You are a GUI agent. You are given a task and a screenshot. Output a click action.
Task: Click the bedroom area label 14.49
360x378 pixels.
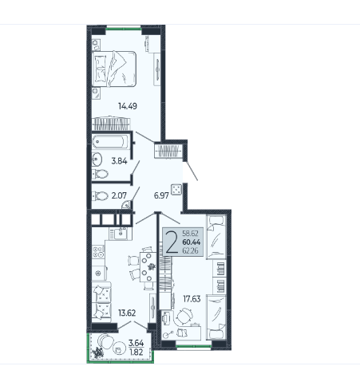128,106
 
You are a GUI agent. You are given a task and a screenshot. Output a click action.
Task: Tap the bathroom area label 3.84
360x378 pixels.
119,161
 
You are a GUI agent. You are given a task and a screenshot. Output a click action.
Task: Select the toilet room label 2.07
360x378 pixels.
119,195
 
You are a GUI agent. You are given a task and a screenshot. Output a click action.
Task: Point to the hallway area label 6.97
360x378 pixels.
161,195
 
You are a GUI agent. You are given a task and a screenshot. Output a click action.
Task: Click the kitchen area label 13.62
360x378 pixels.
127,313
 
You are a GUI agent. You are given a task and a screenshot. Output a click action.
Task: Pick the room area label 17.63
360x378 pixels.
192,299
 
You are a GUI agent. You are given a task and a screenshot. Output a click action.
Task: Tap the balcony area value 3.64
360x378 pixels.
136,343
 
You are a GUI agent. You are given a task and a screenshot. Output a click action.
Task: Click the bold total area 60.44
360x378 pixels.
192,242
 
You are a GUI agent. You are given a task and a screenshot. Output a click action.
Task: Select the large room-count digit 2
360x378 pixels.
172,242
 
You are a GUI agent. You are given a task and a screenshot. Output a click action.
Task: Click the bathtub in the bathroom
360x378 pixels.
111,141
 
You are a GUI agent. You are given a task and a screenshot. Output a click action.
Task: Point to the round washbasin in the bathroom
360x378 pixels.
97,159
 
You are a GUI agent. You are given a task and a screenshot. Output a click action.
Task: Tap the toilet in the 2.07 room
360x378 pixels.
100,196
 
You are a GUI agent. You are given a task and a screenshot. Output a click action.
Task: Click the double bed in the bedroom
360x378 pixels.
114,69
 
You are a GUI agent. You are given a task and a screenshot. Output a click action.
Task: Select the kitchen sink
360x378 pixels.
121,233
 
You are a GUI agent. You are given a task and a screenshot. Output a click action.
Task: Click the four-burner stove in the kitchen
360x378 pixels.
98,251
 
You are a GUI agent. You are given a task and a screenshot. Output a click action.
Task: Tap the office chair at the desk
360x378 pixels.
184,317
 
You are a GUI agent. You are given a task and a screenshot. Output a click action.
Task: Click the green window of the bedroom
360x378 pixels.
124,28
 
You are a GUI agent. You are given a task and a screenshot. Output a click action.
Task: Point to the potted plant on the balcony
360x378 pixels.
97,353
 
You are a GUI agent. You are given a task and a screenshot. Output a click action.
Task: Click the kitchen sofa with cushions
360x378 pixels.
101,302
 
